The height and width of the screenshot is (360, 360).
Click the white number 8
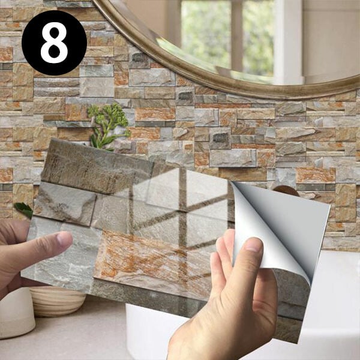click(x=54, y=43)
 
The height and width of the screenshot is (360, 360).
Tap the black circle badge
click(x=54, y=43)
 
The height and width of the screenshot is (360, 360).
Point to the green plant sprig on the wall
click(x=108, y=126)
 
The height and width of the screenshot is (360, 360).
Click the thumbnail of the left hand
click(x=64, y=238)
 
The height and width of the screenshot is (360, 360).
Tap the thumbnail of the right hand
click(x=253, y=245)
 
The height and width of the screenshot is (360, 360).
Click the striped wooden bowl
click(x=58, y=301)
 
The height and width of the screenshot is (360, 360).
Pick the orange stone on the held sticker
click(x=152, y=262)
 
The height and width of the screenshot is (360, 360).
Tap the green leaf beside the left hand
click(x=23, y=209)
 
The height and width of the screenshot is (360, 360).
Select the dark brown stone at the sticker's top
click(x=97, y=166)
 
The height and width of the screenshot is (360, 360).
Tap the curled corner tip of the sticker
click(x=232, y=182)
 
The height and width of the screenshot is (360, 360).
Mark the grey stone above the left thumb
click(x=64, y=205)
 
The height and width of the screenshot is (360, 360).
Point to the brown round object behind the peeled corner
click(x=286, y=191)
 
